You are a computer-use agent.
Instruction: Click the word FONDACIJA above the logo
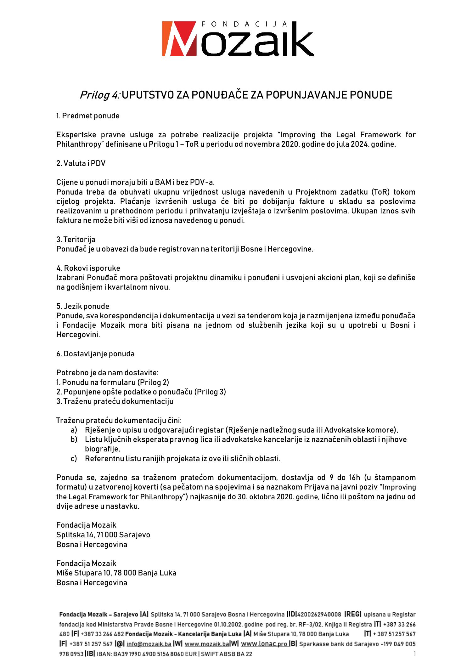tap(244, 24)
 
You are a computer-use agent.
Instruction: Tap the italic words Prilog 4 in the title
tap(99, 95)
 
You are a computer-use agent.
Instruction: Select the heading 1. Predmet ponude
tap(88, 116)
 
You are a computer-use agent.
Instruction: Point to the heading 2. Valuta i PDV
tap(81, 163)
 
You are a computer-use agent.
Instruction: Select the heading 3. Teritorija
tap(76, 240)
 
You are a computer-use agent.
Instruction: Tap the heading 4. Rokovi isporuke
tap(88, 268)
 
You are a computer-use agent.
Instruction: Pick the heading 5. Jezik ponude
tap(83, 306)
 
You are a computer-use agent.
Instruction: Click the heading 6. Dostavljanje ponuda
tap(95, 354)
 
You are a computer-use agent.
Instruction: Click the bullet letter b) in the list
tap(74, 439)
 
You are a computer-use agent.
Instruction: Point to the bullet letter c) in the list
tap(74, 459)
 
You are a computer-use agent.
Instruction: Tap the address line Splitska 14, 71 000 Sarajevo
tap(103, 535)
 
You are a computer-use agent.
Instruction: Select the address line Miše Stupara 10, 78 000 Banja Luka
tap(116, 573)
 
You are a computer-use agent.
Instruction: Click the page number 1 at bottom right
tap(414, 654)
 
